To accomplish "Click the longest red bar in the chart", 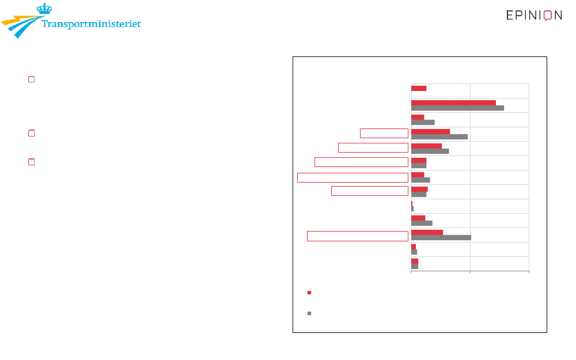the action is click(x=453, y=103).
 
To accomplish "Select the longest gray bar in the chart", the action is click(x=457, y=108).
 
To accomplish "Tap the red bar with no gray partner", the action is click(x=419, y=89).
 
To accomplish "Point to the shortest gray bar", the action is click(x=412, y=209).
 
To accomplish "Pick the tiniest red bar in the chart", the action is click(x=412, y=204).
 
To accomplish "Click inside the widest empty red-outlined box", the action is click(x=353, y=178).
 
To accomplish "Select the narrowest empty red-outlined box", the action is click(x=384, y=134).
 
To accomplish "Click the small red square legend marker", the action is click(x=309, y=293).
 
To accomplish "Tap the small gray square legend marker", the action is click(x=309, y=313).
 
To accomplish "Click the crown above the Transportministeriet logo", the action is click(x=44, y=9).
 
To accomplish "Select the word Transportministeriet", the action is click(x=91, y=24).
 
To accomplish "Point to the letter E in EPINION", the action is click(x=510, y=16).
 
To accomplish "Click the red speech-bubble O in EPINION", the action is click(x=548, y=16).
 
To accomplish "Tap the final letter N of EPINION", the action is click(x=558, y=16).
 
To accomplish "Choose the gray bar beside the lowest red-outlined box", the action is click(x=441, y=238).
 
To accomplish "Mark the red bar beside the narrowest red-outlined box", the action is click(x=430, y=131).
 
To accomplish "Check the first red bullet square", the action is click(x=32, y=79).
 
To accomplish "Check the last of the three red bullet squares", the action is click(x=32, y=162).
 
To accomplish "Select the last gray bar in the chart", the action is click(x=415, y=266).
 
